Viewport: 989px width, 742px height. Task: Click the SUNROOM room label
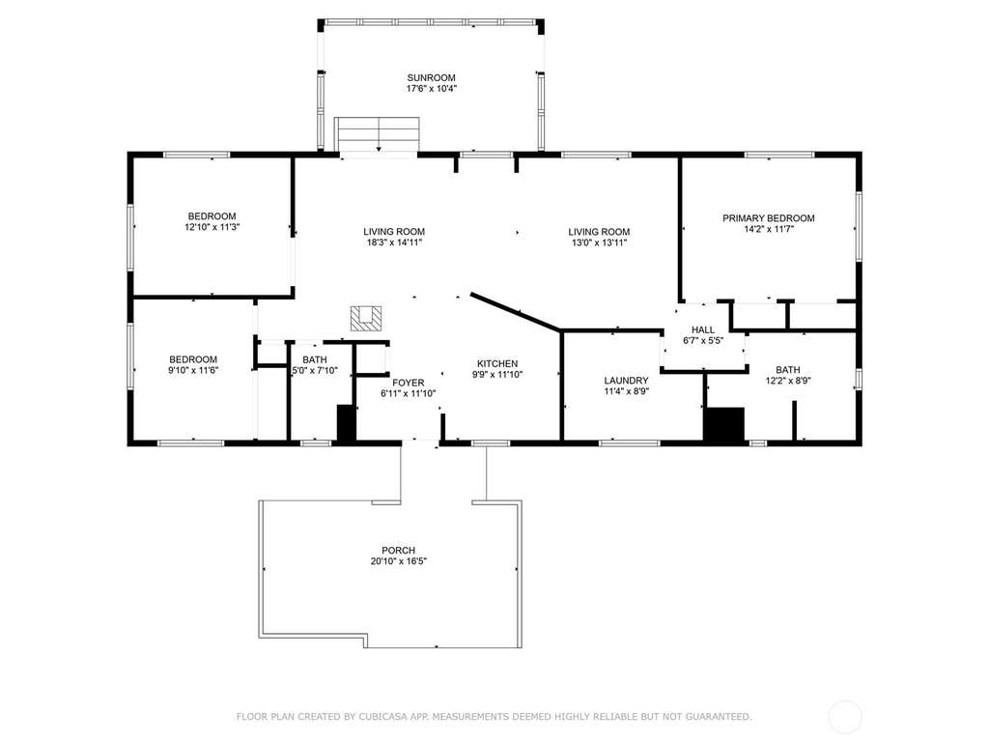431,78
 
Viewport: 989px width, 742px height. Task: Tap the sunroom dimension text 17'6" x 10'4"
431,89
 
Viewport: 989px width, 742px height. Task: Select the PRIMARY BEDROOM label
768,218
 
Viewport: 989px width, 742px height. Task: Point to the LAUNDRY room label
626,381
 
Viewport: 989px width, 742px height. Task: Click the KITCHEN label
497,363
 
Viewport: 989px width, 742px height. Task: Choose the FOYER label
409,383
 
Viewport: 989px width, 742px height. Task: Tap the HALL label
703,330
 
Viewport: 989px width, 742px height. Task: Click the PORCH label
398,550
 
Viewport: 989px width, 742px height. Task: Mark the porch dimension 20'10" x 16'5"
398,561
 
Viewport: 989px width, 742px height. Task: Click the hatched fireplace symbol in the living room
366,319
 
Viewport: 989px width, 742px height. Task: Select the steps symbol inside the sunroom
377,133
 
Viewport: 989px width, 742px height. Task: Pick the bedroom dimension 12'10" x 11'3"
212,227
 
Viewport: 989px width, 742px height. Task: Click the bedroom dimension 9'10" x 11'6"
193,370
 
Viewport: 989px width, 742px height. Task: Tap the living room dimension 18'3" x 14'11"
394,243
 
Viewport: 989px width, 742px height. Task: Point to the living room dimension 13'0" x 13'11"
599,243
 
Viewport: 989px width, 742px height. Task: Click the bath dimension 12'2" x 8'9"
788,381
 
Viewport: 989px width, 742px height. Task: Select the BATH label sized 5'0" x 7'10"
315,359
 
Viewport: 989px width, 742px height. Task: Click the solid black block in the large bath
724,425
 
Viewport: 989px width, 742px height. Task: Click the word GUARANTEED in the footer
719,717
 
